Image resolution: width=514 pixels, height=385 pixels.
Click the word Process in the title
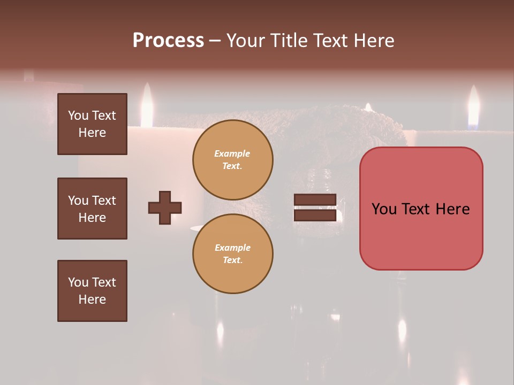[168, 41]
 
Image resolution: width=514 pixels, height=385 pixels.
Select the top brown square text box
[92, 124]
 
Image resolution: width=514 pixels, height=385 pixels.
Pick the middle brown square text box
[92, 209]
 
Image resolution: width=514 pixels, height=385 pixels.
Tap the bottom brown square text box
[92, 291]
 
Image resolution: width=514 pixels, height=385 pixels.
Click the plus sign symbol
[165, 207]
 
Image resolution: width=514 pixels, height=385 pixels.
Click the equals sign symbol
[315, 207]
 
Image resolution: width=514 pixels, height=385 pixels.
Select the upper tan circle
[233, 160]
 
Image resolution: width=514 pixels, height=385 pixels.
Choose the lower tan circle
[233, 254]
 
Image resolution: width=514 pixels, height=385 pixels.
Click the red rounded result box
[421, 209]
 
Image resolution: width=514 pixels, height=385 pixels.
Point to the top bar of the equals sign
[315, 200]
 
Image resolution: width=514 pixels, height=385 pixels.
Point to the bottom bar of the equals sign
[315, 215]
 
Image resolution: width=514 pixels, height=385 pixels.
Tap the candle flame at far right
[473, 107]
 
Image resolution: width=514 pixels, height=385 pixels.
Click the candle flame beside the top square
[146, 105]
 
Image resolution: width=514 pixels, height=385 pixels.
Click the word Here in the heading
[373, 41]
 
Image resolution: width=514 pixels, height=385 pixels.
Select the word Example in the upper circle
[232, 153]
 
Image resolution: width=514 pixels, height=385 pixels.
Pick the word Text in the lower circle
[232, 260]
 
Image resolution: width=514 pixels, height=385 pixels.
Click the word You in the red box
[384, 209]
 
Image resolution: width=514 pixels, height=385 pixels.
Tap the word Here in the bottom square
[92, 299]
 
